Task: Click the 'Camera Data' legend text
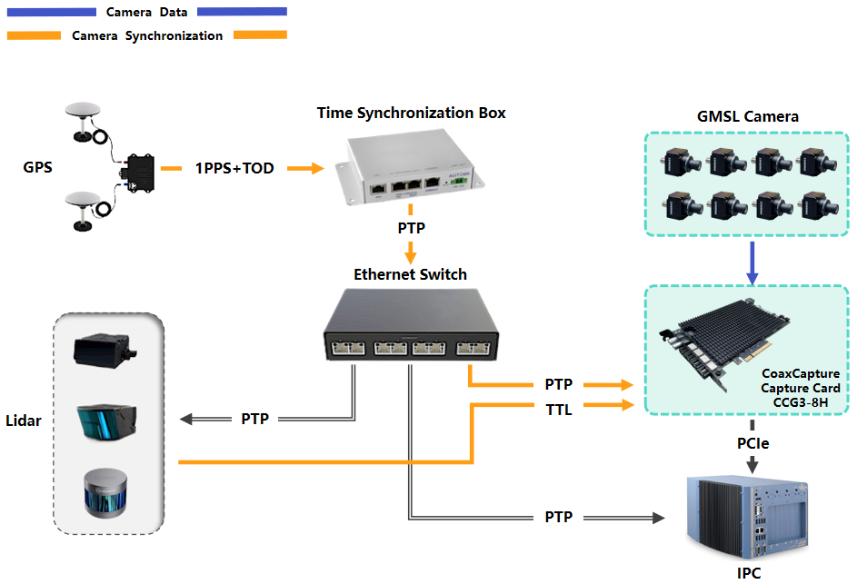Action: [146, 13]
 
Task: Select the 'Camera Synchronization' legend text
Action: [147, 36]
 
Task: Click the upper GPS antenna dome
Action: [83, 111]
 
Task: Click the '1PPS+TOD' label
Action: [234, 168]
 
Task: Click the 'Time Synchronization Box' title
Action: [411, 114]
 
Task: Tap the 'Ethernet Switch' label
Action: [410, 274]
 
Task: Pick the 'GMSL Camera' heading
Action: [747, 116]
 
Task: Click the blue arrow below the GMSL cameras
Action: [752, 262]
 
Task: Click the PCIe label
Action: [752, 444]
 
